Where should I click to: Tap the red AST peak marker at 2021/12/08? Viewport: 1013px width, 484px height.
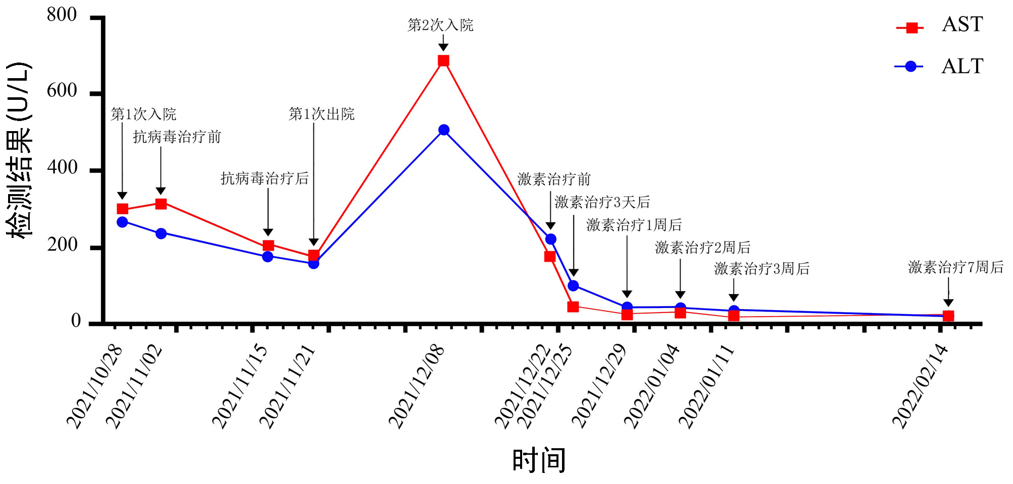point(443,61)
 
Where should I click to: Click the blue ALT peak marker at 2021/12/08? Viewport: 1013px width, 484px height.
point(444,130)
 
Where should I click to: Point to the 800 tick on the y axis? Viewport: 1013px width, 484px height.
point(62,15)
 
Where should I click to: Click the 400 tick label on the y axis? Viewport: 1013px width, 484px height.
point(62,167)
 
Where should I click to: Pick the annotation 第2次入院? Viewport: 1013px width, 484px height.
point(440,25)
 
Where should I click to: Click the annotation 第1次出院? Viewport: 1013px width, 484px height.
point(321,114)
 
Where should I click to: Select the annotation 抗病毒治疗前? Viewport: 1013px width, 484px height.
point(177,137)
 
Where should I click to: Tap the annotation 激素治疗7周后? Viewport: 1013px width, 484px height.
point(955,267)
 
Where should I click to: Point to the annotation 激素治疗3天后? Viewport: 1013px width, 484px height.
point(602,202)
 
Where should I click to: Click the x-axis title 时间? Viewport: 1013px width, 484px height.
point(539,460)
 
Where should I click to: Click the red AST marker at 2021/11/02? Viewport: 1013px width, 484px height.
point(161,204)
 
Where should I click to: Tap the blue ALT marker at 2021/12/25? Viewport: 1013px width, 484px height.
point(573,286)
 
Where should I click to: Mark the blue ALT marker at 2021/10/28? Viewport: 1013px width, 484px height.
point(122,222)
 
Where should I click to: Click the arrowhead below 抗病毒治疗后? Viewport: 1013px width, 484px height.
point(268,232)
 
